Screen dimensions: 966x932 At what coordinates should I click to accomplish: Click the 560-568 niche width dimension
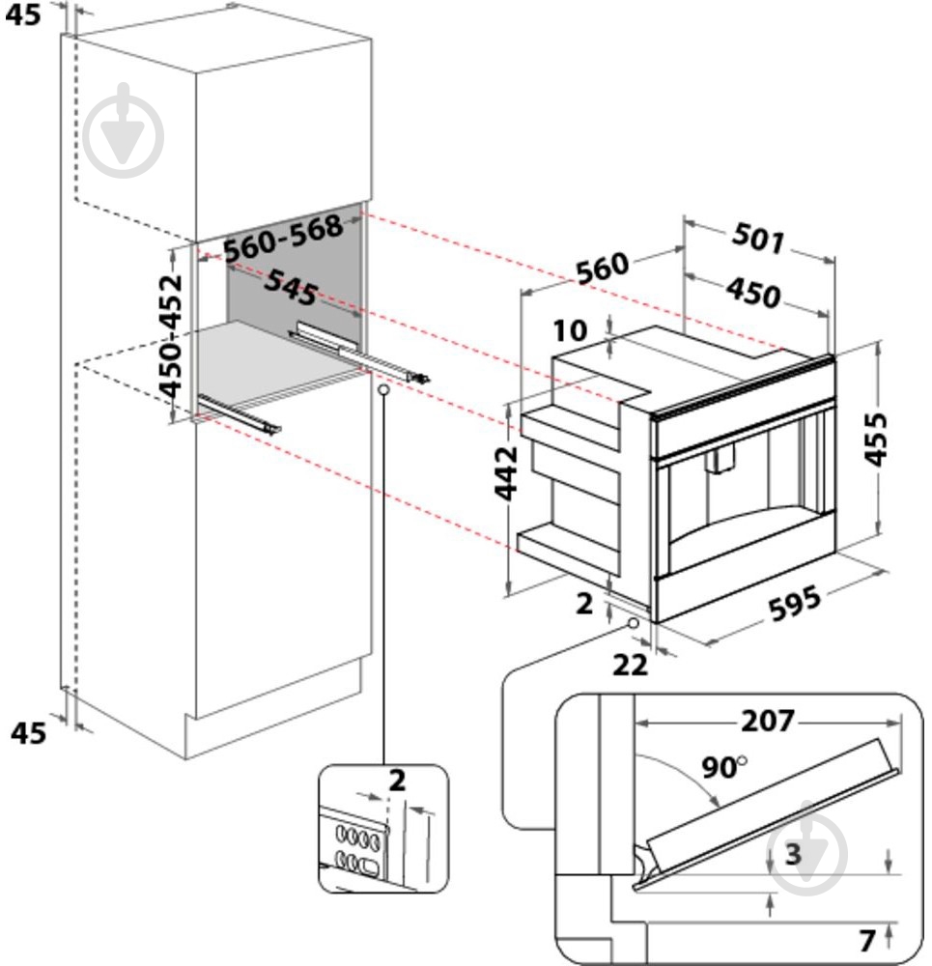[283, 238]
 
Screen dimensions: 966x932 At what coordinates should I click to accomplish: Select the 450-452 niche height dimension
[172, 337]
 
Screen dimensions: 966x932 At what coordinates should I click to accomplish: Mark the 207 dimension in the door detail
[768, 721]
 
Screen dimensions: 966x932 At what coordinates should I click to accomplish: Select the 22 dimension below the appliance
[629, 664]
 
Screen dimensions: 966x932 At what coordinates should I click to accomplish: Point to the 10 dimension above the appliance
[571, 330]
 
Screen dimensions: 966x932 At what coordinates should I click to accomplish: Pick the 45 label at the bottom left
[28, 733]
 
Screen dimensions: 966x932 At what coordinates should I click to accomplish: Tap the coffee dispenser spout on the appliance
[720, 461]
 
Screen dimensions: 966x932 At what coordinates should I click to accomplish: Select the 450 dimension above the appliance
[752, 292]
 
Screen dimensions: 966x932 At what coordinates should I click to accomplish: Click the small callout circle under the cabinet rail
[383, 389]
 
